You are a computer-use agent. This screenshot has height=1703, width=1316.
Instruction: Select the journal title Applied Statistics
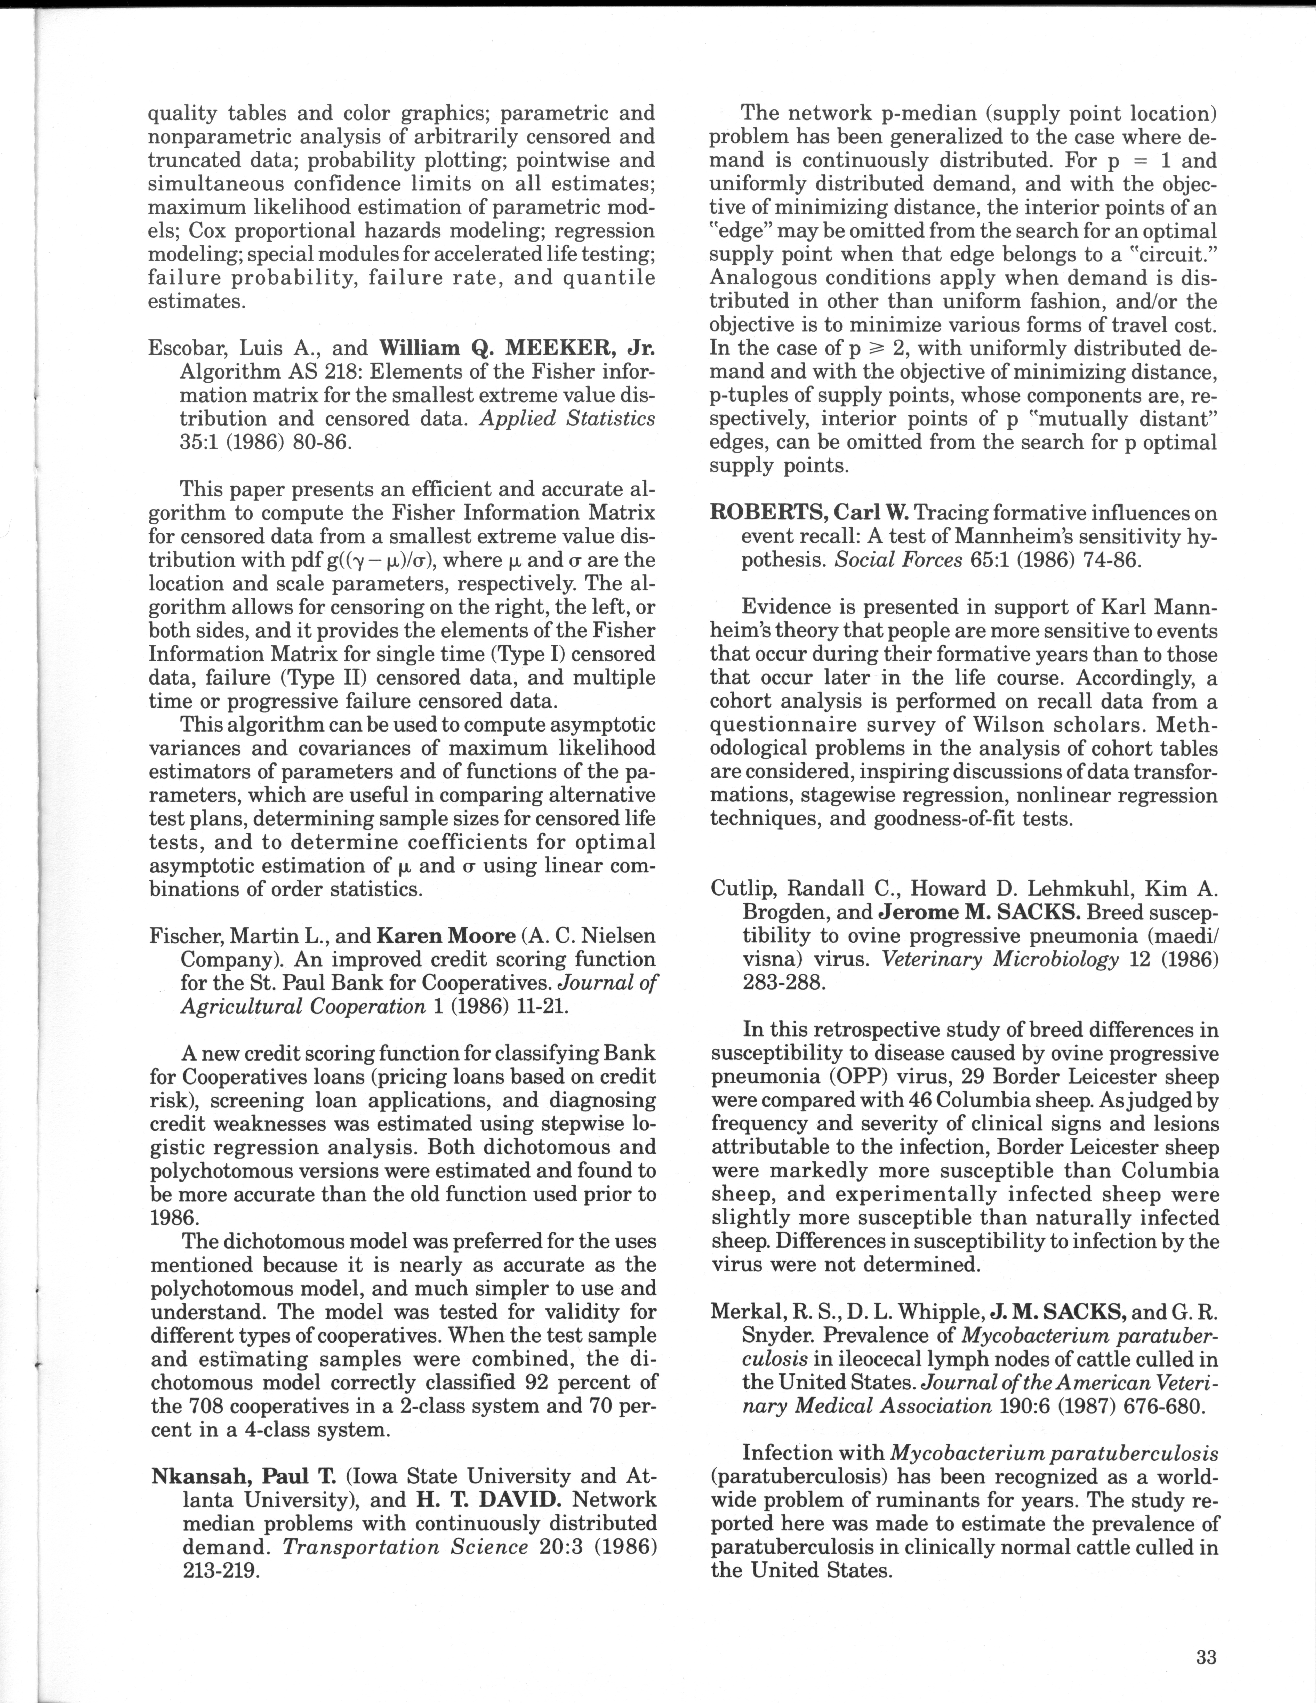click(x=567, y=419)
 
